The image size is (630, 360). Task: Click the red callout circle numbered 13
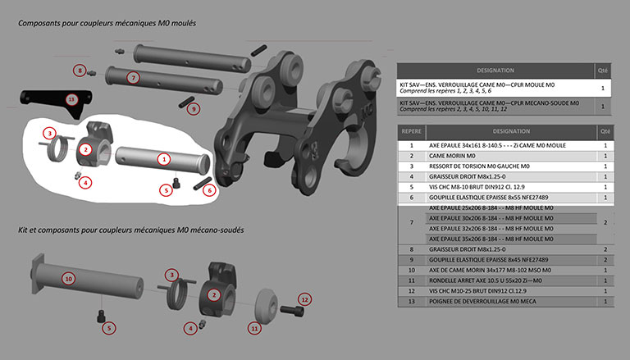[71, 99]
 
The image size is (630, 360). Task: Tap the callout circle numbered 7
[133, 76]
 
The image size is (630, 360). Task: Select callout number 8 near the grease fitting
[80, 71]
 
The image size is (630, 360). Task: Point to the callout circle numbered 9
[193, 107]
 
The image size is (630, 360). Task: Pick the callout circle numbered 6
[209, 189]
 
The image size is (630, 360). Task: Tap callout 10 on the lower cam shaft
[69, 279]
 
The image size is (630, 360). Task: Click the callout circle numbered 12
[305, 300]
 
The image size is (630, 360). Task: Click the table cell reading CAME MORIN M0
[509, 155]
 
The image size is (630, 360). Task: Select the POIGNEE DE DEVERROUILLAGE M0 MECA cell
[509, 302]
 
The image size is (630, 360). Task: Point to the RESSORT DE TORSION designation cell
[509, 166]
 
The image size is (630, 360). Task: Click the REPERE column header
[411, 130]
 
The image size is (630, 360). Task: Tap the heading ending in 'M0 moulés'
[107, 23]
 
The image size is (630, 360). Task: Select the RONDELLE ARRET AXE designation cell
[509, 280]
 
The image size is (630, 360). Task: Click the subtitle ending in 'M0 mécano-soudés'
[130, 230]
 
